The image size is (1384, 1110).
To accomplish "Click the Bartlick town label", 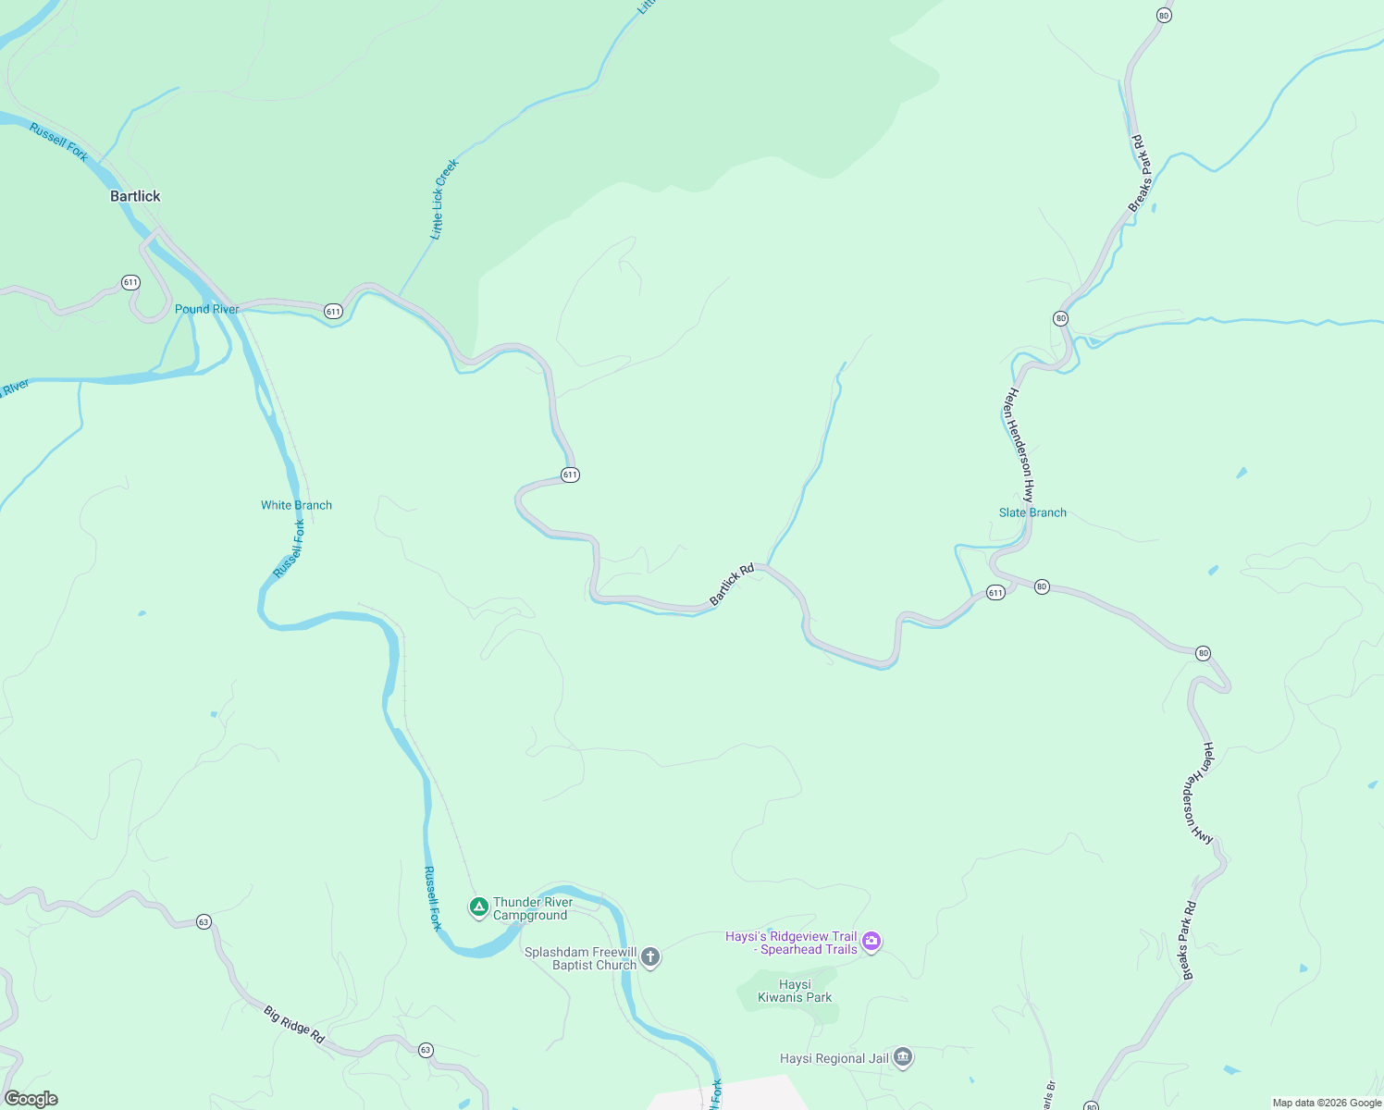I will click(x=135, y=196).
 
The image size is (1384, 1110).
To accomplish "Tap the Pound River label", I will click(x=206, y=309).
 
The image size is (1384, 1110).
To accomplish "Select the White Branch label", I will click(x=296, y=505).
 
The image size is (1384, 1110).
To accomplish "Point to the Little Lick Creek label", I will click(x=444, y=199).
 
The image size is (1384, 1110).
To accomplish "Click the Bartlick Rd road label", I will click(x=732, y=585).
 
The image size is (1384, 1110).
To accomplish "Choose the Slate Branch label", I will click(x=1032, y=512).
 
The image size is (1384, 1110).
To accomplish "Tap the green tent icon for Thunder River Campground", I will click(x=479, y=906).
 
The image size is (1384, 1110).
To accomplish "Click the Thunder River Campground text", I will click(x=532, y=908).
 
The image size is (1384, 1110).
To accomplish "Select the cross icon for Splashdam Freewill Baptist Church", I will click(x=650, y=956).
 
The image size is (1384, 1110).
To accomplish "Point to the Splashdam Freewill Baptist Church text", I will click(x=581, y=958).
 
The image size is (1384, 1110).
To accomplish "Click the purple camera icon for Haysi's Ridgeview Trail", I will click(x=871, y=942).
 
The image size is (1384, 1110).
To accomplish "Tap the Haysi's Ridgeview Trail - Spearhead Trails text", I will click(x=792, y=943).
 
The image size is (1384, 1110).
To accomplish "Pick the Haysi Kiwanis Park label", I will click(x=795, y=991).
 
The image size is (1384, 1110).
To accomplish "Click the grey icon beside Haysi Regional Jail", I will click(x=904, y=1057).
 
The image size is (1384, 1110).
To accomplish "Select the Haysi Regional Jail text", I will click(x=834, y=1058).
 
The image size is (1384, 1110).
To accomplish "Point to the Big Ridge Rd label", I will click(x=294, y=1025).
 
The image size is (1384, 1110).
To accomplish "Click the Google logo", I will click(x=31, y=1099).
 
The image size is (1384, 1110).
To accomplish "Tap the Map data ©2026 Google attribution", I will click(x=1327, y=1103).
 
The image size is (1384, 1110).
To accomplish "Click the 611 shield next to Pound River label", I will click(x=333, y=312).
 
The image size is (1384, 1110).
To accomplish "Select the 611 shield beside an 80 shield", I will click(x=995, y=593).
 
